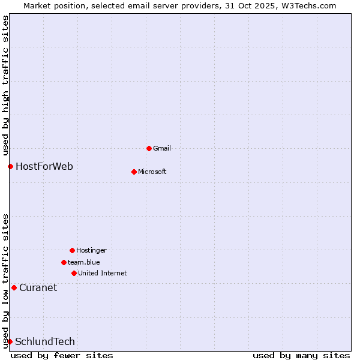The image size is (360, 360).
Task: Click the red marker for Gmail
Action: coord(149,148)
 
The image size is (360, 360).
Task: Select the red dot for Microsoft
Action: coord(134,172)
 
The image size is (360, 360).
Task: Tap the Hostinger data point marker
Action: coord(72,250)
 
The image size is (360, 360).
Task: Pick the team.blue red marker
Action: coord(64,262)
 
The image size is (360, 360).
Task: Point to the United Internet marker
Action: coord(74,273)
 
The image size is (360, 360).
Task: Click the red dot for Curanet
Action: coord(14,287)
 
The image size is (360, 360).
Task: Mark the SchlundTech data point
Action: coord(10,341)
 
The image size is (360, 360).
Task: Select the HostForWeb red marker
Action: coord(10,166)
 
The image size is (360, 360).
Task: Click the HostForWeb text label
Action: coord(44,166)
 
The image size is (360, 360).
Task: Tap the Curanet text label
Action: coord(38,287)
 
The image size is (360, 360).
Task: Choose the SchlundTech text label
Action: coord(45,341)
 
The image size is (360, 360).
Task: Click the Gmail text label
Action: coord(162,148)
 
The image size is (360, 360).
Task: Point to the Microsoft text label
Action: coord(152,172)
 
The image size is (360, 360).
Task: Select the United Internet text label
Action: coord(102,273)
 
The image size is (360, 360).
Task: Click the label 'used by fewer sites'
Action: coord(62,355)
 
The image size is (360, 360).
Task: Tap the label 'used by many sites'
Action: coord(301,355)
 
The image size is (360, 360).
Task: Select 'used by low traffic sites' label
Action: coord(5,280)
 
